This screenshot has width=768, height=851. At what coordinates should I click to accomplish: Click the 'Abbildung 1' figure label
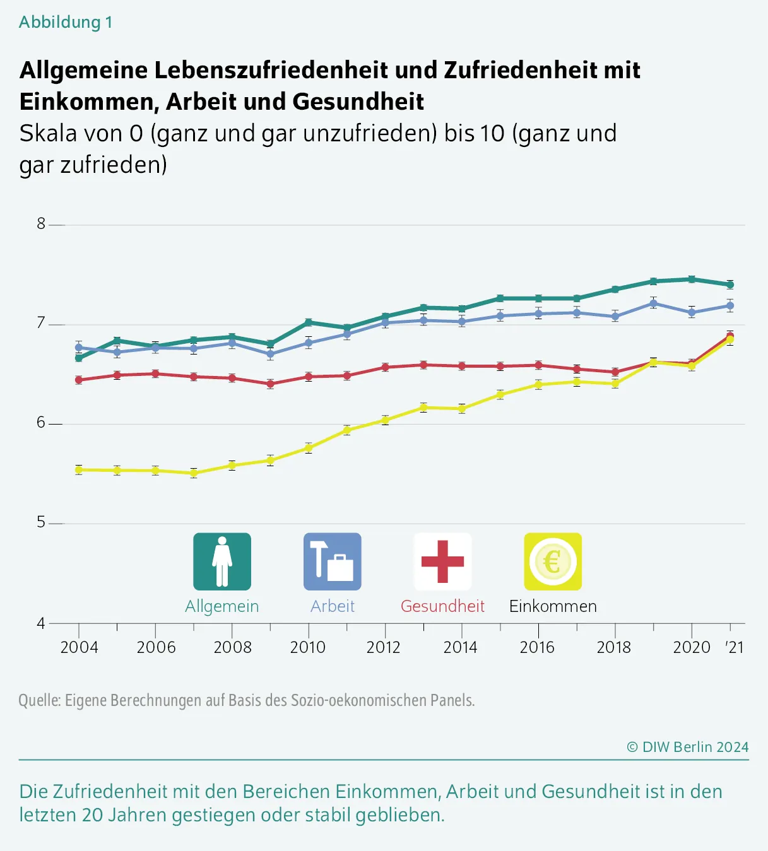66,22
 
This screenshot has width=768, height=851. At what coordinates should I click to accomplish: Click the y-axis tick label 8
41,224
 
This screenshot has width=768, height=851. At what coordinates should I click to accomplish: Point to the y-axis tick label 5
41,522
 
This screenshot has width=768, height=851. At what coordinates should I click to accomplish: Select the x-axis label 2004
79,647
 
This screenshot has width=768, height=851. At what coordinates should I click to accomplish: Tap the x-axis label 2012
384,647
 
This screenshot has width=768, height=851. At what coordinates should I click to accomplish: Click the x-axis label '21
735,647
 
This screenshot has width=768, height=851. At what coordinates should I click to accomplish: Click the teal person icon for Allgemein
222,561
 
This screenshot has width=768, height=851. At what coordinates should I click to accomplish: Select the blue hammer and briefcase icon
333,561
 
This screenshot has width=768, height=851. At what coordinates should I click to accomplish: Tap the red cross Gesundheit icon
442,561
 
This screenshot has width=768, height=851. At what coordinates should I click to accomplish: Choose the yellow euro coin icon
553,561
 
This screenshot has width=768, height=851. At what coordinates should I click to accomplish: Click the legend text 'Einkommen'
553,606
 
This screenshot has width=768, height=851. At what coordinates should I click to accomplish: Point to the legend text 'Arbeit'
333,606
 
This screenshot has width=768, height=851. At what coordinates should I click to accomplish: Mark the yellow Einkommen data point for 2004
79,470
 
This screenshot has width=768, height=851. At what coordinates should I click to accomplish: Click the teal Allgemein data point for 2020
692,279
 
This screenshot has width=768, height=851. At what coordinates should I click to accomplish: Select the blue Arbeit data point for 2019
654,303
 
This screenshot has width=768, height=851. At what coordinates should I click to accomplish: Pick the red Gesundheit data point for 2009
270,384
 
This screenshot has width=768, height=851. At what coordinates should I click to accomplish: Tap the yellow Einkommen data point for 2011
347,430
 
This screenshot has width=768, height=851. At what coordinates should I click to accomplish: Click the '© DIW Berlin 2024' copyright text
687,747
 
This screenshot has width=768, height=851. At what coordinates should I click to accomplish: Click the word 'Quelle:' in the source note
39,700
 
